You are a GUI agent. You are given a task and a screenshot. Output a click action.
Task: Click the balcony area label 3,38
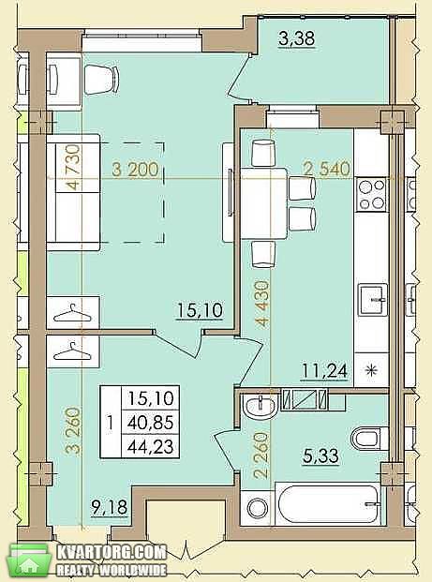coord(296,38)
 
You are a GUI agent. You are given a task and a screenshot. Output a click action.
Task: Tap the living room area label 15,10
coord(200,310)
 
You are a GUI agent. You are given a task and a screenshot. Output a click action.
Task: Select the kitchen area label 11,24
coord(325,370)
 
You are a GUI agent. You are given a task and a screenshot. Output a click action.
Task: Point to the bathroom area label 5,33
coord(321,456)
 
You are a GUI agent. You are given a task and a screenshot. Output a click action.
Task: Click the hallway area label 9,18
coord(110,507)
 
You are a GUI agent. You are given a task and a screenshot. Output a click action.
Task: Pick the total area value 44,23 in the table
coord(150,446)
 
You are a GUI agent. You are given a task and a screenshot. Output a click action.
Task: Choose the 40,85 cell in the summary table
coord(150,423)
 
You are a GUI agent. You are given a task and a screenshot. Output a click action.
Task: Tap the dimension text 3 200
coord(136,170)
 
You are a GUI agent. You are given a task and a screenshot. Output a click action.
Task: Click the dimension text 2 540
coord(327,169)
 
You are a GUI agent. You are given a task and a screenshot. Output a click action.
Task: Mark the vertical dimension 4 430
coord(262,304)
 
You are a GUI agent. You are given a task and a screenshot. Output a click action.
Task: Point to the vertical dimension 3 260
coord(73,430)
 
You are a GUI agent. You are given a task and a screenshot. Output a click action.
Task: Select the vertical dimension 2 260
coord(261,455)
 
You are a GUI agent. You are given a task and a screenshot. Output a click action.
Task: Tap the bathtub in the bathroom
coord(329,506)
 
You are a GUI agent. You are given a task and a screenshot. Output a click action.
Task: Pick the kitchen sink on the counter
coord(373,300)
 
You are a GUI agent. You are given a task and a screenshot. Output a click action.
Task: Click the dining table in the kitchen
coord(264,203)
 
